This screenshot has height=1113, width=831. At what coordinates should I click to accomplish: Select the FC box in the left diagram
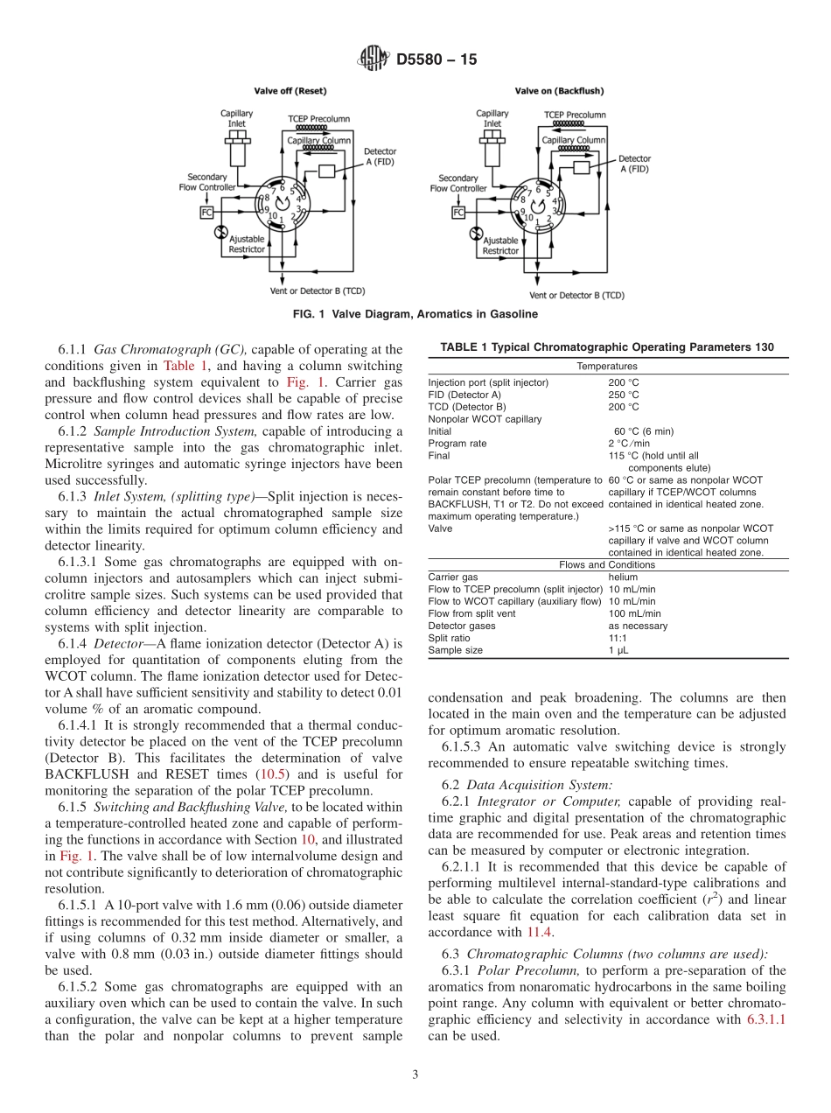(207, 212)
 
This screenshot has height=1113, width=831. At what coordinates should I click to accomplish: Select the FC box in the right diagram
(458, 212)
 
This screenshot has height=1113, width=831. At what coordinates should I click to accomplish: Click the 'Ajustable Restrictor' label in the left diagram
(246, 244)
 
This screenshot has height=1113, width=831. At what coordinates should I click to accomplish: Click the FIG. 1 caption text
(415, 314)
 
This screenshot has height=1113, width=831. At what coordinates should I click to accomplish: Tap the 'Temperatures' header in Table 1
(606, 366)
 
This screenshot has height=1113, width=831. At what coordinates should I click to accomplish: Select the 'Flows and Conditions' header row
(606, 564)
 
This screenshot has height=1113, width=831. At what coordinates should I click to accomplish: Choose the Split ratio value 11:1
(618, 638)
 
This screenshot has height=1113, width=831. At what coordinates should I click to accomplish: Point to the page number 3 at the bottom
(415, 1074)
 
